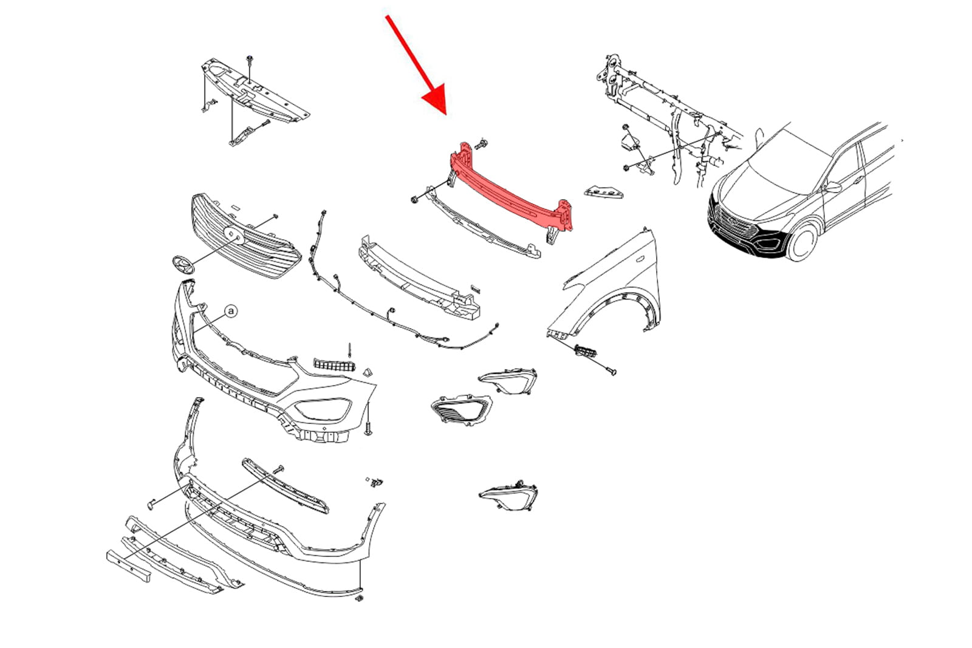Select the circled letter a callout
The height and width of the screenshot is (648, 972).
(x=231, y=311)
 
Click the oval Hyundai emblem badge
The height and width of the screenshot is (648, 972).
(x=183, y=264)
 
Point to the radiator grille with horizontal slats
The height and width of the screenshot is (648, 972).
(x=245, y=236)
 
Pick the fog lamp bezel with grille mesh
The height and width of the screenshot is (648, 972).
(x=461, y=409)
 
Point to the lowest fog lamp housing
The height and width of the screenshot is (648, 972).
(x=508, y=496)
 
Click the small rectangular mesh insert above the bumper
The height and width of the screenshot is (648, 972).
(x=334, y=365)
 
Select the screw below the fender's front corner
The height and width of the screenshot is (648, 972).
(x=611, y=371)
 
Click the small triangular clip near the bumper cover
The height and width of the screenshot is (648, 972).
(x=368, y=372)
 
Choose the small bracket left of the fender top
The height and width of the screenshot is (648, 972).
(x=604, y=192)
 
